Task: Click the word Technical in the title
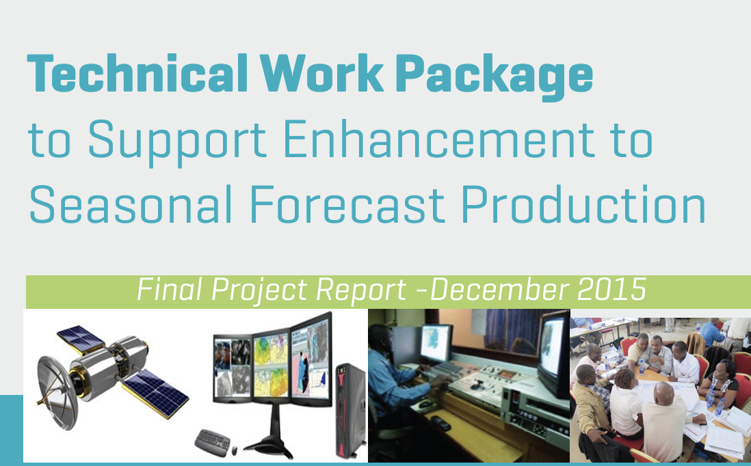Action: click(x=137, y=73)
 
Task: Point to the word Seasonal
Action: click(x=130, y=204)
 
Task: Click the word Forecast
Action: click(x=347, y=204)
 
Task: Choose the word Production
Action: click(x=584, y=204)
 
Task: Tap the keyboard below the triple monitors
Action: click(x=212, y=442)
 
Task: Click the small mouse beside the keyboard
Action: click(x=235, y=450)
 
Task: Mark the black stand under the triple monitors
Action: click(x=269, y=433)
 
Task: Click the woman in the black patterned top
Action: click(x=720, y=383)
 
